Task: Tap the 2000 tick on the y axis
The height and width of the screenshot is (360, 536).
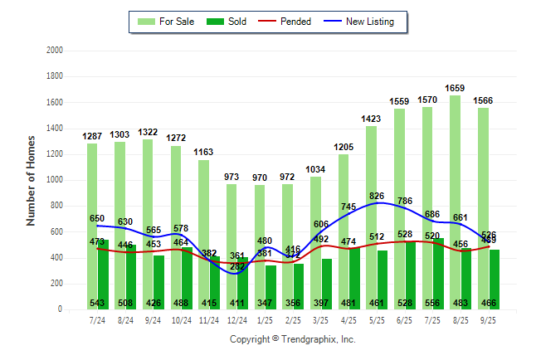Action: coord(55,51)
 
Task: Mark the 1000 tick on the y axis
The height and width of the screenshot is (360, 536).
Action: coord(55,180)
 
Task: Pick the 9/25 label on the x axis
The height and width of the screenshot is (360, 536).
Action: coord(488,319)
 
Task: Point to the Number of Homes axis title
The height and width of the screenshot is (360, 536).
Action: coord(32,180)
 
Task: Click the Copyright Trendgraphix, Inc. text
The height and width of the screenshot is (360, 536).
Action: coord(292,339)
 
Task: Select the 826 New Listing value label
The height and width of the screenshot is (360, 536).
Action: coord(377,196)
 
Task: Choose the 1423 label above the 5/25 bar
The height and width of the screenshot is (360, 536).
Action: coord(371,118)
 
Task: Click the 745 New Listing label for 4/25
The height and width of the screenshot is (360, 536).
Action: coord(348,207)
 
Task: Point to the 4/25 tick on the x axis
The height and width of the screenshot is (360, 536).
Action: coord(348,319)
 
